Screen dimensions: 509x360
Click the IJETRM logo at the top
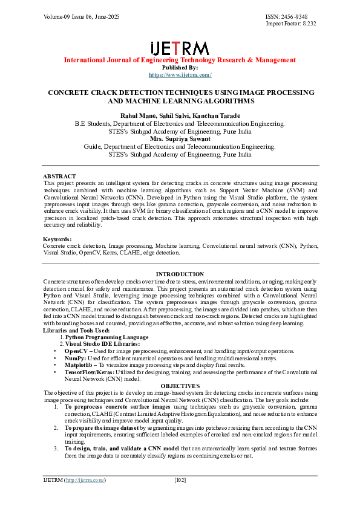pos(180,48)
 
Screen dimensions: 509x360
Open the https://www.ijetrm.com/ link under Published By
pos(180,74)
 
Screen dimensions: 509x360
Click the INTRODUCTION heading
pos(180,274)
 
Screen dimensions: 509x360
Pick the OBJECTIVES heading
pos(180,386)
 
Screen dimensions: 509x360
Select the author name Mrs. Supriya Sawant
pos(180,139)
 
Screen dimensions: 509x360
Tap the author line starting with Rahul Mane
pos(180,115)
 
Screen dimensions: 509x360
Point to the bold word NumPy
pos(75,358)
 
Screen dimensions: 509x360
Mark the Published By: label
pos(180,67)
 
